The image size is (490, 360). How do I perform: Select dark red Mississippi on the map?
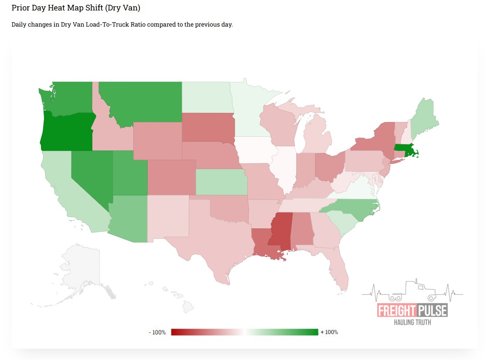click(x=281, y=231)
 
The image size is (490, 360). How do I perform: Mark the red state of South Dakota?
click(x=208, y=127)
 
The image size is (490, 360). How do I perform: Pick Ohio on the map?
click(x=329, y=166)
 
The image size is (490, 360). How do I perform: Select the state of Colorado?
click(x=171, y=177)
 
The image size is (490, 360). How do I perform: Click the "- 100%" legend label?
click(x=157, y=332)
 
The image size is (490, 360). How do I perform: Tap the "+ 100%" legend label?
click(x=329, y=332)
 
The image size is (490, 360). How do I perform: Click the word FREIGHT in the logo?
click(x=396, y=311)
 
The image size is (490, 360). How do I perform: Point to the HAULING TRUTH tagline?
click(x=412, y=322)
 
